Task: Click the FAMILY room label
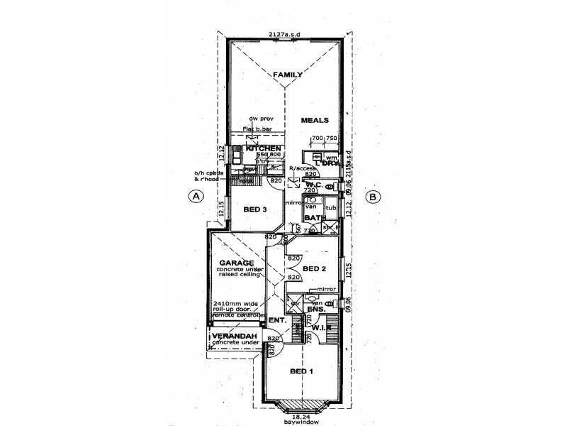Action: coord(288,75)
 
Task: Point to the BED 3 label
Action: coord(254,209)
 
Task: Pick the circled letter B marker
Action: coord(373,197)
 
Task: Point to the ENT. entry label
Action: coord(278,321)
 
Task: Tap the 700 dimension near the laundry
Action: coord(317,138)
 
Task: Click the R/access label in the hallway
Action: coord(303,168)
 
